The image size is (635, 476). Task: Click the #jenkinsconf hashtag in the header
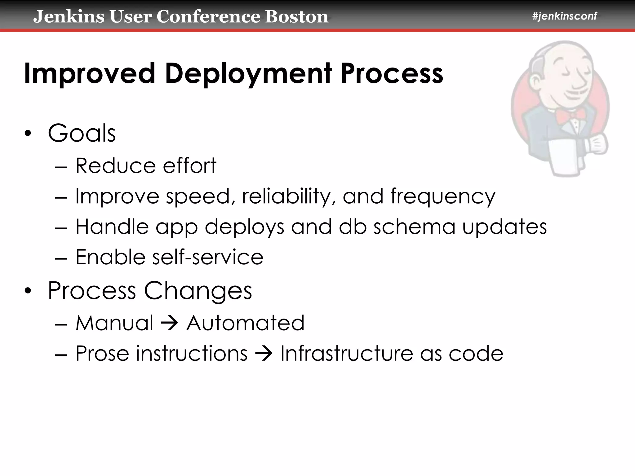point(564,16)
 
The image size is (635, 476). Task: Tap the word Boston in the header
point(296,17)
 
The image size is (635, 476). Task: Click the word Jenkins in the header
point(69,17)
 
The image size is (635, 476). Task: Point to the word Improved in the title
point(89,74)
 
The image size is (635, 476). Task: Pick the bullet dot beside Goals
point(28,134)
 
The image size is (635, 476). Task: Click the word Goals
point(82,134)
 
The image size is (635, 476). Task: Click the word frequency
point(442,196)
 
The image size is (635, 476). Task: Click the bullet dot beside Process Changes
point(28,291)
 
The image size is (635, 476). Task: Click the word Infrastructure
point(347,353)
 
